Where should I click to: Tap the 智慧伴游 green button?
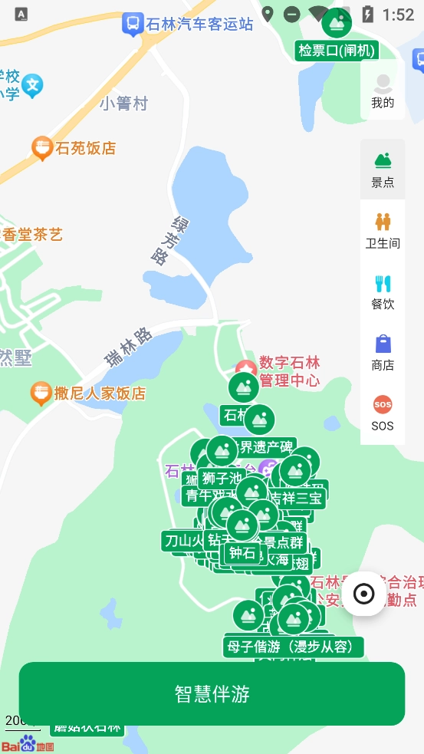[x=212, y=693]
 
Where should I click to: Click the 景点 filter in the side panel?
[x=383, y=170]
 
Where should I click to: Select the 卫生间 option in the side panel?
[x=383, y=230]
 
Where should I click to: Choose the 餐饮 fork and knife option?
[x=383, y=291]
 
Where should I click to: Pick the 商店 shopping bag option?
[x=383, y=352]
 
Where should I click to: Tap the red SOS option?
[x=383, y=413]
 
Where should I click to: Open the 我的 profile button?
[x=383, y=91]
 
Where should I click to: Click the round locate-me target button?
[x=363, y=594]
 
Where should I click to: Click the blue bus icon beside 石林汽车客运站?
[x=133, y=25]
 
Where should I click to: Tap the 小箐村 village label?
[x=123, y=104]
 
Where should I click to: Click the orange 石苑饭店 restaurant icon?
[x=42, y=147]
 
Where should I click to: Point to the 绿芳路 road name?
[x=161, y=239]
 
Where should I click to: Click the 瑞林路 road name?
[x=128, y=347]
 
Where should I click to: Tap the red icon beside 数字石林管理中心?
[x=245, y=368]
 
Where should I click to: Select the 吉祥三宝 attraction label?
[x=297, y=498]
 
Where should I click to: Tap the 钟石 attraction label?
[x=243, y=552]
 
